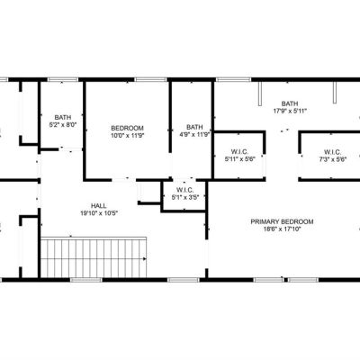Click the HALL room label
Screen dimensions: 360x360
tap(99, 206)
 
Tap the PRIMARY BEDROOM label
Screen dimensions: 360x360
tap(282, 221)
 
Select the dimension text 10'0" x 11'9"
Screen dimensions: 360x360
tap(128, 135)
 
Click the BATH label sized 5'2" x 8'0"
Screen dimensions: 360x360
tap(63, 117)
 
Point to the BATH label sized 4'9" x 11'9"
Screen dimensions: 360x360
tap(194, 127)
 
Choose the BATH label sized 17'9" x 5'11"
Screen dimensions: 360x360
tap(290, 103)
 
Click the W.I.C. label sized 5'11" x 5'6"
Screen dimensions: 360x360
tap(240, 152)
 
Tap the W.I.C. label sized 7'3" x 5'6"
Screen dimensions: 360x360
tap(332, 152)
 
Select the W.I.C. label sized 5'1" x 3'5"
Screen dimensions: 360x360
tap(185, 190)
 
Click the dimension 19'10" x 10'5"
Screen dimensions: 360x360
tap(99, 213)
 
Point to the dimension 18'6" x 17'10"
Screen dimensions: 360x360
tap(282, 229)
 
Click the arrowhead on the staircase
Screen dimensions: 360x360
tap(145, 258)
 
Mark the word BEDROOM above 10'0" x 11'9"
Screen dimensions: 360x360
tap(128, 128)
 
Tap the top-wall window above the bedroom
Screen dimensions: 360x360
tap(150, 79)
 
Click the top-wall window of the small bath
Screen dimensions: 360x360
tap(63, 79)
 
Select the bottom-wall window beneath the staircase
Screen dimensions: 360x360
tap(86, 280)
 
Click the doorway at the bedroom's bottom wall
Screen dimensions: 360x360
tap(123, 180)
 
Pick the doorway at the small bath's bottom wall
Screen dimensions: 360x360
tap(70, 148)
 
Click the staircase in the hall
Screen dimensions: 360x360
tap(94, 257)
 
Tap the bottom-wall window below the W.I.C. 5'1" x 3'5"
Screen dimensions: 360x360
tap(184, 280)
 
